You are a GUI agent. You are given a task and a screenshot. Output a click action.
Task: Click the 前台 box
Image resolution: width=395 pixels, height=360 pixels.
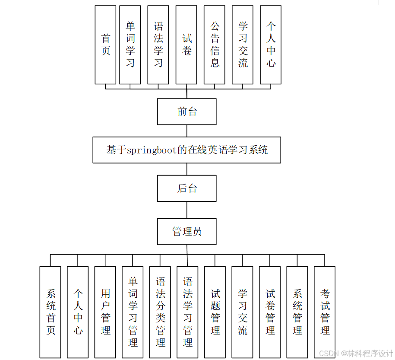(186, 112)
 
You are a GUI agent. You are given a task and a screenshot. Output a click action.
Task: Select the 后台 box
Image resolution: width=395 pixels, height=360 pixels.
(186, 188)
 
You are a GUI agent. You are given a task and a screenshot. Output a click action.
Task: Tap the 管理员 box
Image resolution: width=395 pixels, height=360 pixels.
(186, 232)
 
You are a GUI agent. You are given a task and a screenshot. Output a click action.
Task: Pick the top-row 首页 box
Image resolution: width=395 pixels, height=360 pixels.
(105, 45)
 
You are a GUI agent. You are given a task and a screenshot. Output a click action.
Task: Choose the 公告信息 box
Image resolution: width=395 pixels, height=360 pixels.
(215, 45)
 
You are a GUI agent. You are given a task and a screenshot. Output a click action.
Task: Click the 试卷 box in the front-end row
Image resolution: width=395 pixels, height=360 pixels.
(186, 45)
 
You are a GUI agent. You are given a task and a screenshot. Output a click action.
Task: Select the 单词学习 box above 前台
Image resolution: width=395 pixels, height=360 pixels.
(130, 45)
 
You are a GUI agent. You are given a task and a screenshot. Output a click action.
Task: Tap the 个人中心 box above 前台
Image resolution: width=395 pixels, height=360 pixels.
(271, 45)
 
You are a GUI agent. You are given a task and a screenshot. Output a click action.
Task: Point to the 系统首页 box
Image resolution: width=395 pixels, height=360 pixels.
(51, 312)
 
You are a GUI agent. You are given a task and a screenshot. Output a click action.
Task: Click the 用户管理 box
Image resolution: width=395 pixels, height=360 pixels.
(105, 312)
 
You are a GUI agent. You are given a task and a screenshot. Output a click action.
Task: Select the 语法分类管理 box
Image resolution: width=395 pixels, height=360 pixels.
(160, 312)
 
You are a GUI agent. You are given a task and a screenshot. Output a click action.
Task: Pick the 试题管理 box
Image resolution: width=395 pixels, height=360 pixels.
(215, 312)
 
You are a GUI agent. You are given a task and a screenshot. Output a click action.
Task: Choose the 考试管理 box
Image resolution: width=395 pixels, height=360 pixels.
(325, 312)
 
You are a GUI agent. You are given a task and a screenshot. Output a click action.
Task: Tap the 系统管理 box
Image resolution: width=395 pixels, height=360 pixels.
(297, 312)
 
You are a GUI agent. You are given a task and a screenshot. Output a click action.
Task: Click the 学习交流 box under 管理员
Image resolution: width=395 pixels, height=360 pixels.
(243, 312)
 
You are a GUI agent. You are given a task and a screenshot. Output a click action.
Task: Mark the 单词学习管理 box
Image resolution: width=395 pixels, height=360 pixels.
(133, 312)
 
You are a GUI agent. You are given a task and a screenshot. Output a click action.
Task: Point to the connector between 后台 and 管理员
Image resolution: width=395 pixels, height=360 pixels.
(187, 210)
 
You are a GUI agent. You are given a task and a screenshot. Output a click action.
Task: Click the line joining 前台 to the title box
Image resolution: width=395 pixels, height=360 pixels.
(187, 131)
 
